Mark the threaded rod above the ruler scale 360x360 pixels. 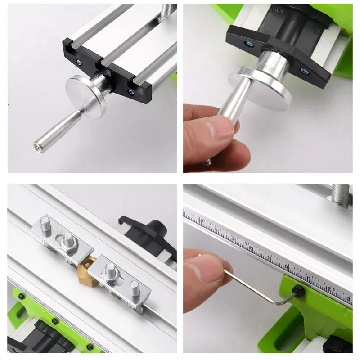(x=341, y=194)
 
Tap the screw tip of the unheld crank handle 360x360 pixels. (x=37, y=146)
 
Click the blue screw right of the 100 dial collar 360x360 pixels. (x=304, y=71)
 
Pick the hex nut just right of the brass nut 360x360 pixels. (x=109, y=270)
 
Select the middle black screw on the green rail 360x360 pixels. (x=55, y=321)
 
